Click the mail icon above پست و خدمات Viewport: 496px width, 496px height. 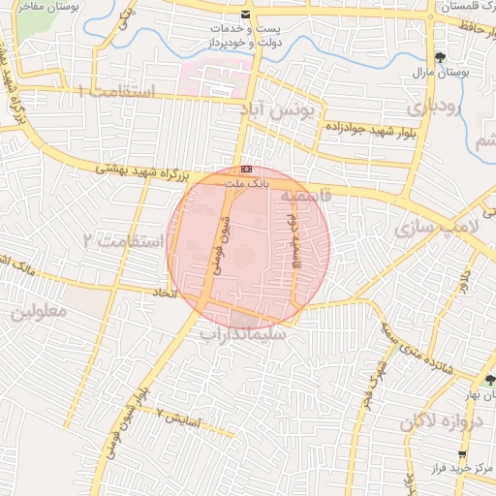(245, 15)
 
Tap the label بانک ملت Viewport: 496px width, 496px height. (244, 181)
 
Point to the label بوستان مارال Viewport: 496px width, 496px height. (448, 73)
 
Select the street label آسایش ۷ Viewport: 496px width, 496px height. (178, 418)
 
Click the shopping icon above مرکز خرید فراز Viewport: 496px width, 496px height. (462, 453)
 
